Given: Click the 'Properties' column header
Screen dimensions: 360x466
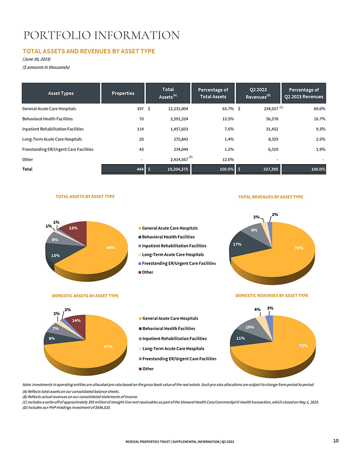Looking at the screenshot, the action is coord(123,93).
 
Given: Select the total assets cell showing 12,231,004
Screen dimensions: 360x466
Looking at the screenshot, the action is coord(178,109).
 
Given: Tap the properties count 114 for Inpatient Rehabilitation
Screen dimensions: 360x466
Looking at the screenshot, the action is coord(140,129).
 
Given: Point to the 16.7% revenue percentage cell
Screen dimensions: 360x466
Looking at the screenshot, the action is coord(319,119).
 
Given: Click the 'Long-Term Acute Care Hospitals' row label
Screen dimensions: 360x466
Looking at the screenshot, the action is coord(52,139).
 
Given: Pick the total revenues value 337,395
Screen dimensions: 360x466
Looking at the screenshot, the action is coord(270,169).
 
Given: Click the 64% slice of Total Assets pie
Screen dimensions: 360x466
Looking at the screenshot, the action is coord(104,250).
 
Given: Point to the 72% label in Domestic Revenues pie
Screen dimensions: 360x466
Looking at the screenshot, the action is coord(303,346).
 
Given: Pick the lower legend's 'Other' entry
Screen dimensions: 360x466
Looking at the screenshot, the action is coord(146,369).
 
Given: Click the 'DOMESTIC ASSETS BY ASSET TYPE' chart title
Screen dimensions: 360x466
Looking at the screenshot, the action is coord(85,296).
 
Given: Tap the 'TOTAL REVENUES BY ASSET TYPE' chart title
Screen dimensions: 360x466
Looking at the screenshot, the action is coord(271,197).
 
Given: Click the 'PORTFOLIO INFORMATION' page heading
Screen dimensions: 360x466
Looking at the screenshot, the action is coord(101,35).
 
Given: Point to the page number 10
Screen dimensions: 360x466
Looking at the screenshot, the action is coord(336,441).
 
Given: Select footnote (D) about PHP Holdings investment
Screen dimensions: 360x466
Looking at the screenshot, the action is coord(66,407).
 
